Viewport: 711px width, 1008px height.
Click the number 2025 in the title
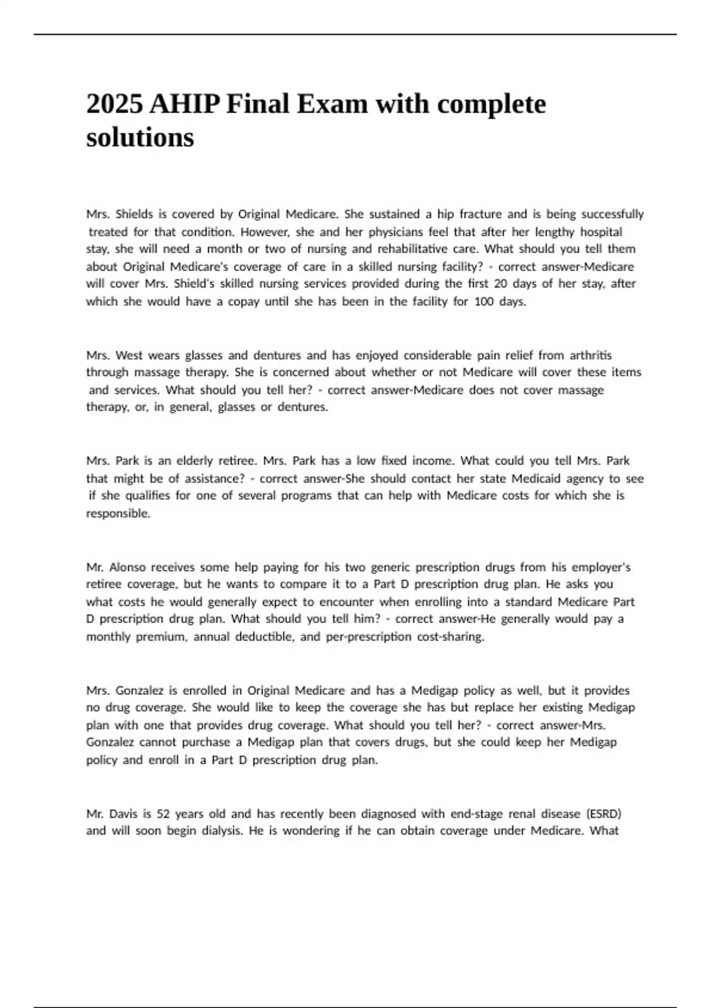tap(115, 104)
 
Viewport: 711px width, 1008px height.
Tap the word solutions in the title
tap(140, 138)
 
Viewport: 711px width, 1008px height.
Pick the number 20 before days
tap(500, 283)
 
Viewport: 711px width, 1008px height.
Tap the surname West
tap(129, 355)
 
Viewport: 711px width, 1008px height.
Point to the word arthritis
tap(591, 355)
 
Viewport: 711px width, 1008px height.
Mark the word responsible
tap(118, 513)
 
